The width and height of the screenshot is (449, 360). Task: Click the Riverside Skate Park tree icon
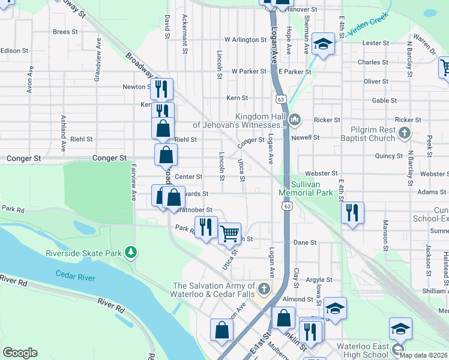131,253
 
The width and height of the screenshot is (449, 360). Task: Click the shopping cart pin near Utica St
230,233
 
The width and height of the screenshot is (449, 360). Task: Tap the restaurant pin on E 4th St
352,213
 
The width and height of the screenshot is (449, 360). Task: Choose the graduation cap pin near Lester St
323,44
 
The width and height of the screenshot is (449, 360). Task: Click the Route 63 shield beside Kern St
280,97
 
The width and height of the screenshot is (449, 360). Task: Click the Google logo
20,353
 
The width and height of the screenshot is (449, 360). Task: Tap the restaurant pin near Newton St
161,89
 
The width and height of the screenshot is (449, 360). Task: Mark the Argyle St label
319,280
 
